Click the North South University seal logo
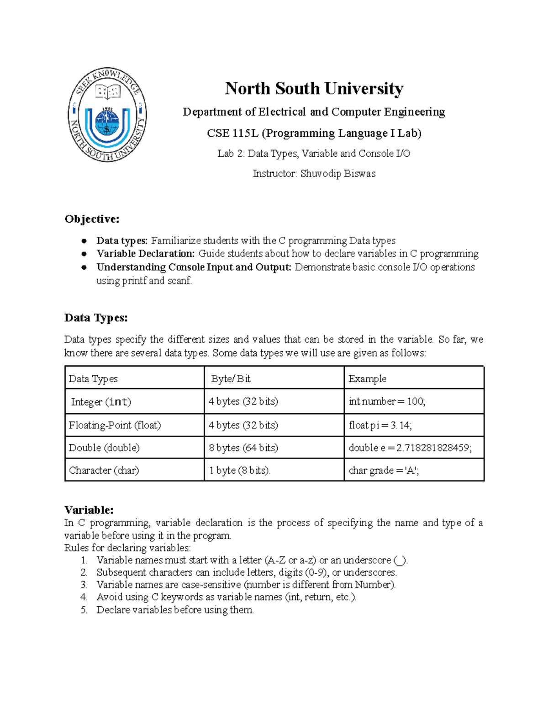(x=107, y=115)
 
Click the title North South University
(x=314, y=88)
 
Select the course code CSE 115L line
(x=314, y=133)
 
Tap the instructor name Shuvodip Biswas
(x=337, y=174)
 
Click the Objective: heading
(x=92, y=219)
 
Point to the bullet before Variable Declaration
(x=84, y=254)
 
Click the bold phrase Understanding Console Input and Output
(x=194, y=267)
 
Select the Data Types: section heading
(x=96, y=318)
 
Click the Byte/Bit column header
(x=231, y=379)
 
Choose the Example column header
(x=367, y=379)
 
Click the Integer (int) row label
(x=101, y=402)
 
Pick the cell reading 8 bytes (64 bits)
(x=243, y=448)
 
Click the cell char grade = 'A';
(x=384, y=470)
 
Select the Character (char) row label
(x=104, y=470)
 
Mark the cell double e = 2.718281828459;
(x=410, y=448)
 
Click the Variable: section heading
(x=89, y=510)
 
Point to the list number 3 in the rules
(x=84, y=585)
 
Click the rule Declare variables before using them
(x=175, y=610)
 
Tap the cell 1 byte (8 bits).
(x=239, y=470)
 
